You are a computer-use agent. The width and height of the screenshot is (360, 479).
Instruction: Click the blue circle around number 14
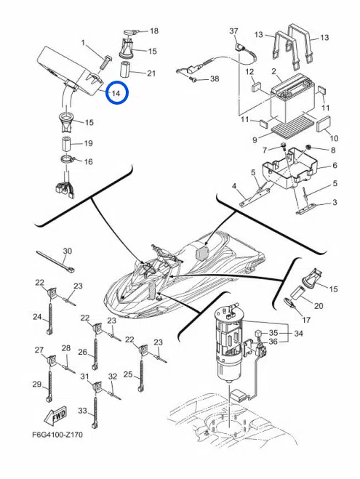point(116,81)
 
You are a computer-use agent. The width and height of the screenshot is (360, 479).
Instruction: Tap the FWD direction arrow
point(55,416)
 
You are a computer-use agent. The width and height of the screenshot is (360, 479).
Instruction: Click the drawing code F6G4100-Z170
point(57,434)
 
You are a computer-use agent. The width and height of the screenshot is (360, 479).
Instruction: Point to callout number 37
point(233,31)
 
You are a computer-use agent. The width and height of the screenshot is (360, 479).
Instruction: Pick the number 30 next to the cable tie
point(67,251)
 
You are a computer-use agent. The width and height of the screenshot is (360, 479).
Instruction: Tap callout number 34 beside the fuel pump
point(298,333)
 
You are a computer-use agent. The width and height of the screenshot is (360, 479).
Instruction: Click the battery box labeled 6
point(289,166)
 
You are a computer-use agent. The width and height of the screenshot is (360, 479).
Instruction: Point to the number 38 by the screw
point(215,79)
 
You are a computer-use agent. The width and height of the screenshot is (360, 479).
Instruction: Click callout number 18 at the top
point(154,31)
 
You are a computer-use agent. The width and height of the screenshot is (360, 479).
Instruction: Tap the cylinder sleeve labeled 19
point(67,144)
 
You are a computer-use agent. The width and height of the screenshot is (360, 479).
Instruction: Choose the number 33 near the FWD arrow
point(82,411)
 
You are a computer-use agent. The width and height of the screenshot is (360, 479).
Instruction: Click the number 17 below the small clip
point(306,320)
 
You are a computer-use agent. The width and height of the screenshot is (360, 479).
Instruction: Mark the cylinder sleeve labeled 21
point(126,70)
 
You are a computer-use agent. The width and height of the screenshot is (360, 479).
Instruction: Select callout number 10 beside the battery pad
point(334,138)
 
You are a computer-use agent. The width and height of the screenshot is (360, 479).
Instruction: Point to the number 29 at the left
point(37,384)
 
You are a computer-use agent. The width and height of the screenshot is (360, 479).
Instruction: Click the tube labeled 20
point(297,295)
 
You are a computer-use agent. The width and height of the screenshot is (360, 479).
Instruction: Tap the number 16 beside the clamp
point(88,161)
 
